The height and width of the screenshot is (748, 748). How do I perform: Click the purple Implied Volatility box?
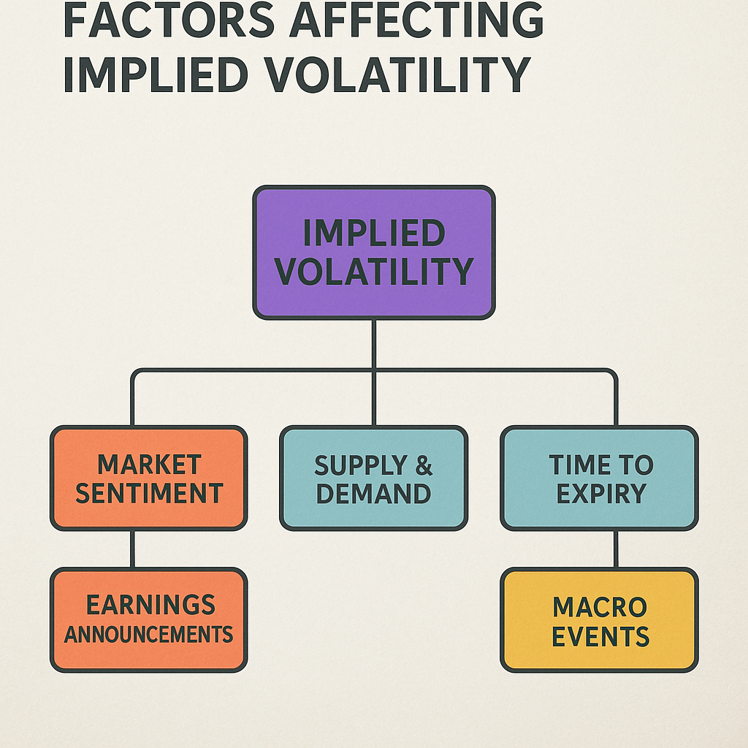pos(374,252)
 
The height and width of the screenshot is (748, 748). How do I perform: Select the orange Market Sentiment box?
pos(148,478)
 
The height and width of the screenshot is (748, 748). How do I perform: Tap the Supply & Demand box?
pos(373,478)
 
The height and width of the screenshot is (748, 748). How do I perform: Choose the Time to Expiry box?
pos(600,478)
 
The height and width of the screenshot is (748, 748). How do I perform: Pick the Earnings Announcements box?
pos(148,619)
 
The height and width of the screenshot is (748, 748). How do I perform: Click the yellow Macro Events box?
pos(600,619)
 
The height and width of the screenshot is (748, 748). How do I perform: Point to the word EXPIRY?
pos(601,493)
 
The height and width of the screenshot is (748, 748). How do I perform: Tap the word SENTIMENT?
pos(149,493)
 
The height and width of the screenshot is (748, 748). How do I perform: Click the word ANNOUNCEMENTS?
pos(148,633)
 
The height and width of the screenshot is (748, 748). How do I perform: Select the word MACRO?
pos(600,606)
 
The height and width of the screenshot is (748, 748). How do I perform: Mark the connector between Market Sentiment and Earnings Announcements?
pos(132,549)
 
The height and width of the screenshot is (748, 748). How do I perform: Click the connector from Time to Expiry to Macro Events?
pos(616,549)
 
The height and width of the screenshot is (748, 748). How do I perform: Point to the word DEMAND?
pos(373,493)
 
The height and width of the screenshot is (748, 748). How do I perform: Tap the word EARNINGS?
pos(150,605)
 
